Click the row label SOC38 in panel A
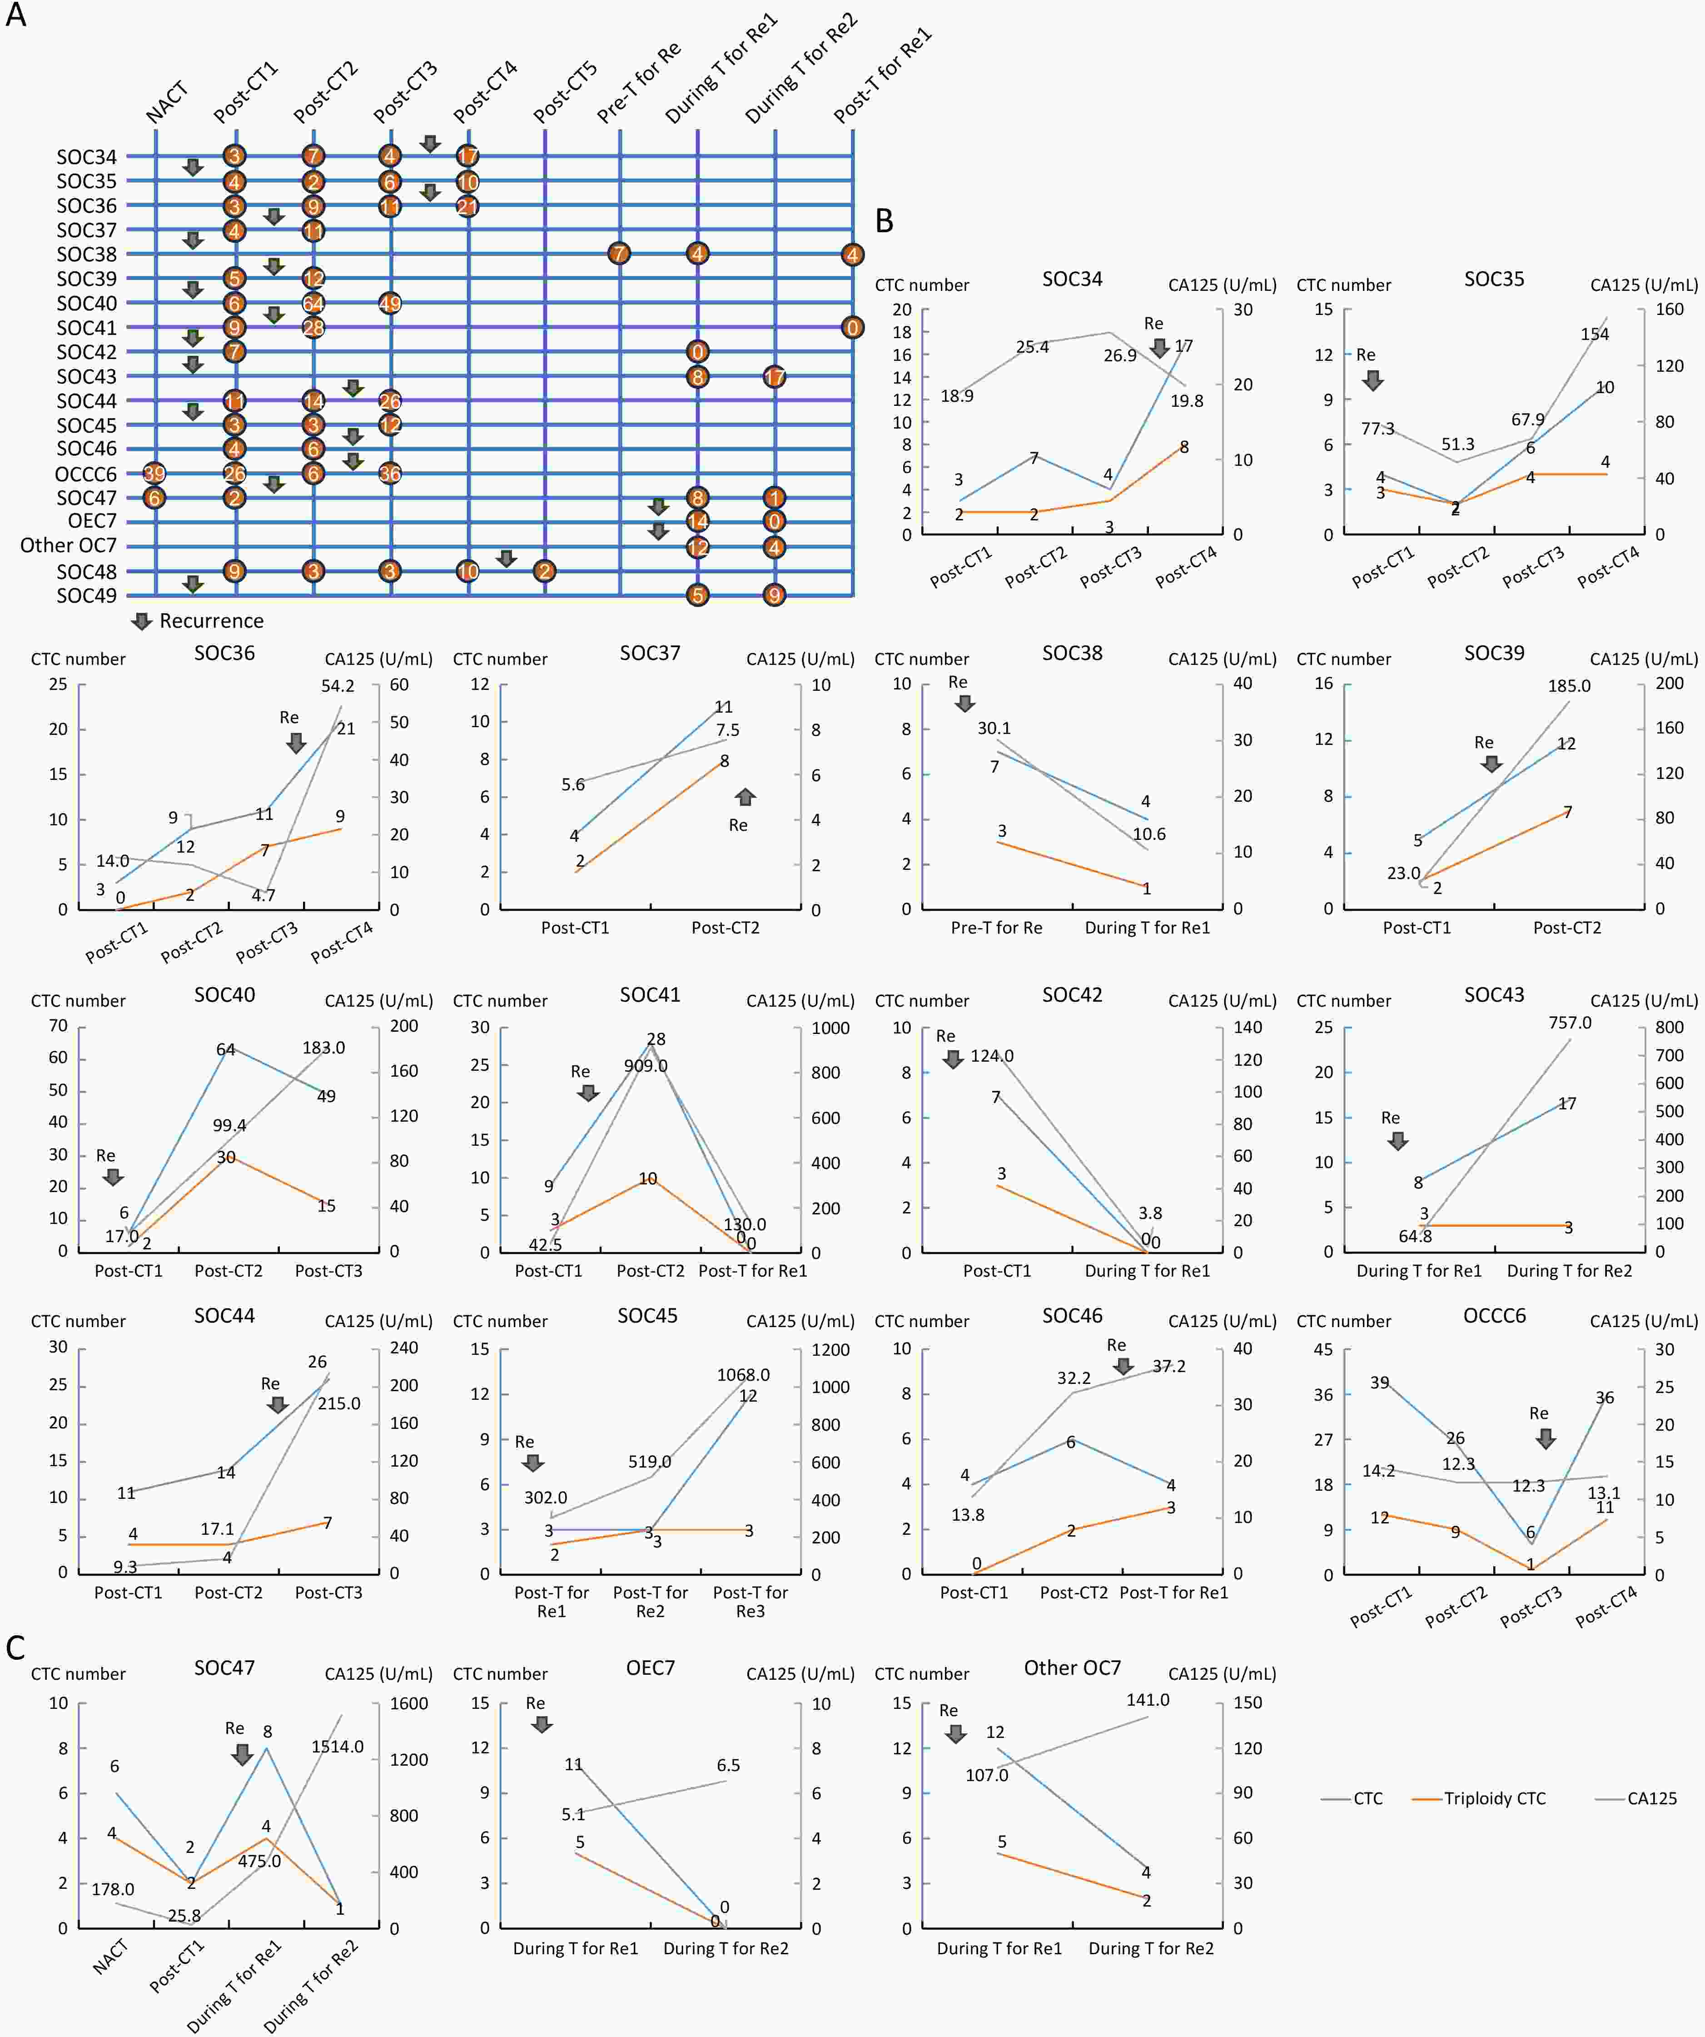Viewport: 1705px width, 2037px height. click(x=86, y=254)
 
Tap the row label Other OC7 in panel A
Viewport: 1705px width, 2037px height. click(x=68, y=545)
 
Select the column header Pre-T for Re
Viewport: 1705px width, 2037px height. click(x=638, y=82)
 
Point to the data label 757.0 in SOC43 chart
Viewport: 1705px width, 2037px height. click(x=1570, y=1023)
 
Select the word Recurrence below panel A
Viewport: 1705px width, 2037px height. click(x=211, y=621)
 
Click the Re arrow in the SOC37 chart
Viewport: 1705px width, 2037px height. click(x=745, y=796)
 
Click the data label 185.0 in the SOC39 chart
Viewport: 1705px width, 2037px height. click(x=1569, y=686)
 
